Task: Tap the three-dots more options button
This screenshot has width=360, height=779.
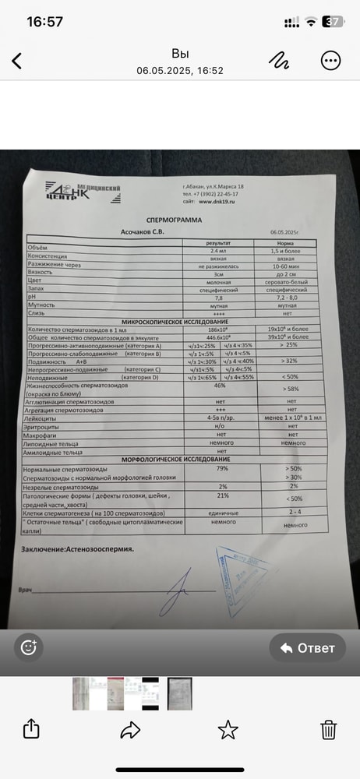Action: [330, 62]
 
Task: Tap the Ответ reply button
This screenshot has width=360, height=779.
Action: [308, 647]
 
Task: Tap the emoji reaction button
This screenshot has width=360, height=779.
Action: [30, 647]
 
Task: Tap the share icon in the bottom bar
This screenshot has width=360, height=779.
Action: [31, 729]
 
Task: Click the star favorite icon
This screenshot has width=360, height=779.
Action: [228, 729]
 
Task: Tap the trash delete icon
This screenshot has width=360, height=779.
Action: [329, 729]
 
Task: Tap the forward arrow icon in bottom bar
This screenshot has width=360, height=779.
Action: [129, 729]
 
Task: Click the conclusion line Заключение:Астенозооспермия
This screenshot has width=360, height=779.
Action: [77, 548]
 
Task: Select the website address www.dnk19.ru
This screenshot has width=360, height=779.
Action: [217, 200]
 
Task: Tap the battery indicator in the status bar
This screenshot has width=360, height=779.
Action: [334, 22]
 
